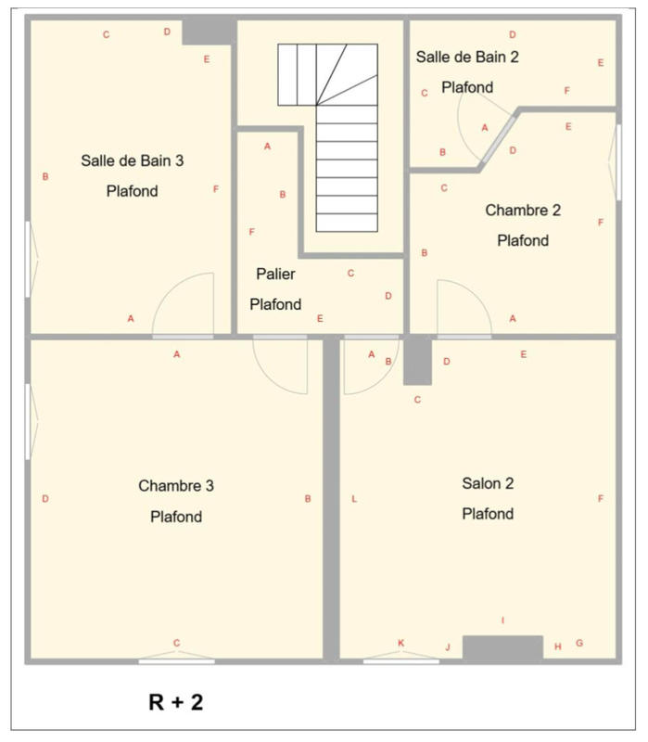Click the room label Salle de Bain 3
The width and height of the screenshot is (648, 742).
pos(132,160)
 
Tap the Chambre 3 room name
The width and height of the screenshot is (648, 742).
pos(176,485)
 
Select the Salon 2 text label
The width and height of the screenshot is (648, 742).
pos(488,483)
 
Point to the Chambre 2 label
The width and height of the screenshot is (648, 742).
pos(523,211)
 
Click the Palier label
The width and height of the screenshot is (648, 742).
pos(275,274)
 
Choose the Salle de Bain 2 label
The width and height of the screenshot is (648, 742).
pos(467,57)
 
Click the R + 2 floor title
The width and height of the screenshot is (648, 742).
pos(175,702)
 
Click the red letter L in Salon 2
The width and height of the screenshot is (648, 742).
pos(354,499)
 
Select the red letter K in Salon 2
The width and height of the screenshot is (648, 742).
pos(400,643)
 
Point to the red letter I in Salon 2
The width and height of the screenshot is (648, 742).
pos(503,620)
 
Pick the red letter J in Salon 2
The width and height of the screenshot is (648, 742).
pos(448,647)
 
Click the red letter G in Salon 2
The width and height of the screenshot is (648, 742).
pos(579,643)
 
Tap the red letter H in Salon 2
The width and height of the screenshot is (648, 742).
pos(558,646)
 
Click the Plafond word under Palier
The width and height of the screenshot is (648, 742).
pos(275,304)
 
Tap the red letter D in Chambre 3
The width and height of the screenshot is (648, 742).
pos(45,499)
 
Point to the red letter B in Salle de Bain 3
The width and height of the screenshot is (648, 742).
pos(45,176)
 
